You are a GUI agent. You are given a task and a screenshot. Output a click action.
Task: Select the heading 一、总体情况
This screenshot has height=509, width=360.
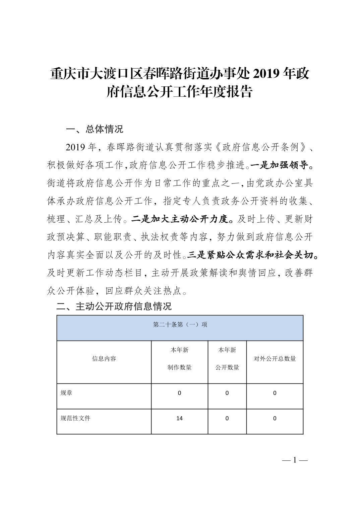[95, 129]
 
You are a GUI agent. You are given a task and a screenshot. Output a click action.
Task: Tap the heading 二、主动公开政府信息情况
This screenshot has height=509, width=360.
[114, 306]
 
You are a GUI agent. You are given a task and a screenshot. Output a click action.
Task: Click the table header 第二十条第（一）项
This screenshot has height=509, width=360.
[180, 324]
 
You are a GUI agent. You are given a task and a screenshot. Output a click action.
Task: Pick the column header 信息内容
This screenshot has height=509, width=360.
[104, 359]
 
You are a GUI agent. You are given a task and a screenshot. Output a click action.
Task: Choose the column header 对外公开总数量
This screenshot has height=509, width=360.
[275, 359]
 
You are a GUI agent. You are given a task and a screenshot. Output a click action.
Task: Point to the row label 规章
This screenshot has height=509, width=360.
[66, 393]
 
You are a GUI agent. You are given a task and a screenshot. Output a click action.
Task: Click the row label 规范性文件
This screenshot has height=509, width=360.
[75, 418]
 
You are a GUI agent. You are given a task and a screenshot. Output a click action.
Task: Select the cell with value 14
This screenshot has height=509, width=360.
[179, 418]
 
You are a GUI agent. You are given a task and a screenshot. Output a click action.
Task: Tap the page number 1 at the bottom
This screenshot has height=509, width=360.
[295, 460]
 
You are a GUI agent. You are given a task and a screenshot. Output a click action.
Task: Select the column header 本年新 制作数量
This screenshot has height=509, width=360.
[179, 359]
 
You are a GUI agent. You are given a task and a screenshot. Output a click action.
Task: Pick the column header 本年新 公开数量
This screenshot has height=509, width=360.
[227, 359]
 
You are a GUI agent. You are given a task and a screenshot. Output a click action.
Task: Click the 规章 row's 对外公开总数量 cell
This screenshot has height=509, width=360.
[275, 393]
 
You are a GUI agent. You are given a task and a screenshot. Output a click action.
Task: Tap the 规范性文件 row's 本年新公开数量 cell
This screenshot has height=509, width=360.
[227, 418]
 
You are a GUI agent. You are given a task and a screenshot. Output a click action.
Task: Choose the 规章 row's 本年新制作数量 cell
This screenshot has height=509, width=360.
[179, 393]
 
